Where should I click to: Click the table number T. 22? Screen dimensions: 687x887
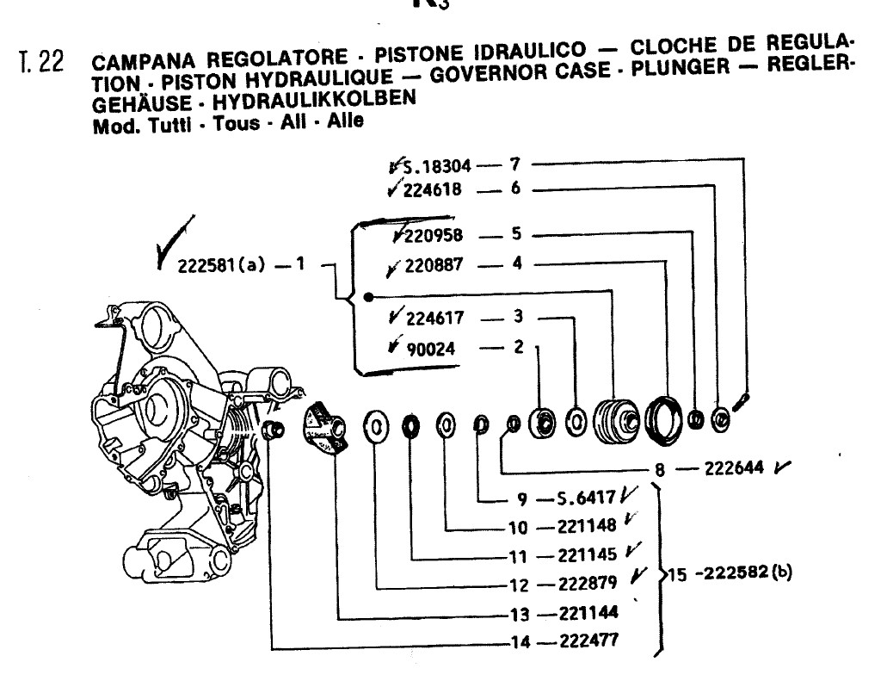pos(42,65)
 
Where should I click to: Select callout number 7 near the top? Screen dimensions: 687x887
pos(514,164)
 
